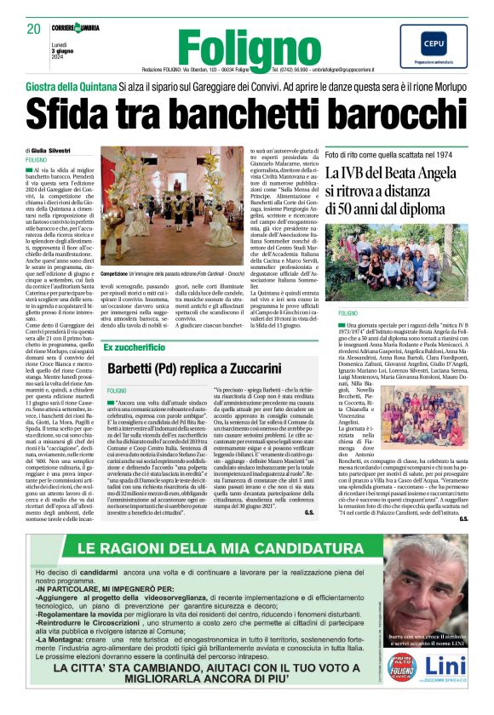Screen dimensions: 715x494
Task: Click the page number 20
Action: [33, 28]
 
